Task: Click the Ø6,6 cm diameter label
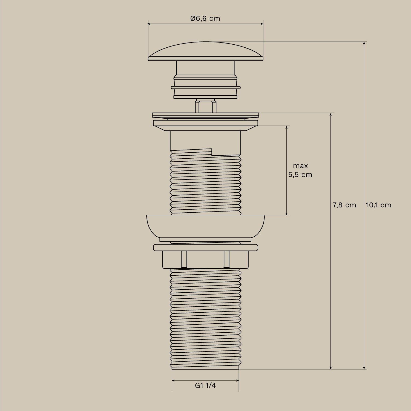pos(205,19)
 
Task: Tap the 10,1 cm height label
pos(379,205)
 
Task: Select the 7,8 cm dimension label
pos(344,205)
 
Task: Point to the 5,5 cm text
pos(300,175)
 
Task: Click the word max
pos(300,166)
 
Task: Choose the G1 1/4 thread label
pos(205,386)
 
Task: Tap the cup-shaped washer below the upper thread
pos(205,226)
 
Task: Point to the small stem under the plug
pos(205,106)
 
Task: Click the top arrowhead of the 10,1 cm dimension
pos(364,43)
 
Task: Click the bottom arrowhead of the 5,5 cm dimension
pos(286,213)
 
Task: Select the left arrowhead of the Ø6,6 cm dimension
pos(149,24)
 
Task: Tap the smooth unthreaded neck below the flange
pos(205,140)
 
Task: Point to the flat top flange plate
pos(205,115)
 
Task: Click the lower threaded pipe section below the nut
pos(205,318)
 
